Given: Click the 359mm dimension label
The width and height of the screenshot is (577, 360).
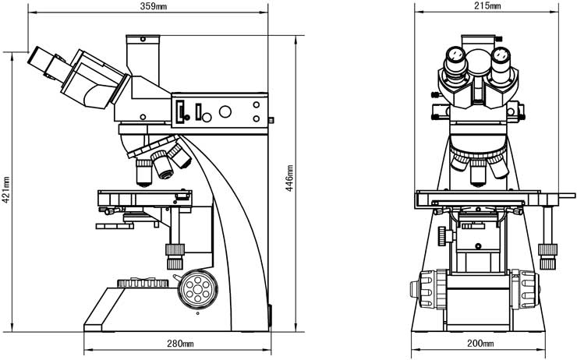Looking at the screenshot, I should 147,7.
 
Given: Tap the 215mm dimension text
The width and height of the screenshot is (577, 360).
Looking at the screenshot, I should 486,7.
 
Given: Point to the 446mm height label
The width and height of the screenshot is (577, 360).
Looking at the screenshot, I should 290,178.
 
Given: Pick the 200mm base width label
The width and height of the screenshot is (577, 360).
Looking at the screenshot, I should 480,344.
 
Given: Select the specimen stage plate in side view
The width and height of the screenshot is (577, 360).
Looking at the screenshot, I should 143,193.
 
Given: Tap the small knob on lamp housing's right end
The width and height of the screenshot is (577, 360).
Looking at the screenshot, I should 271,121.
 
